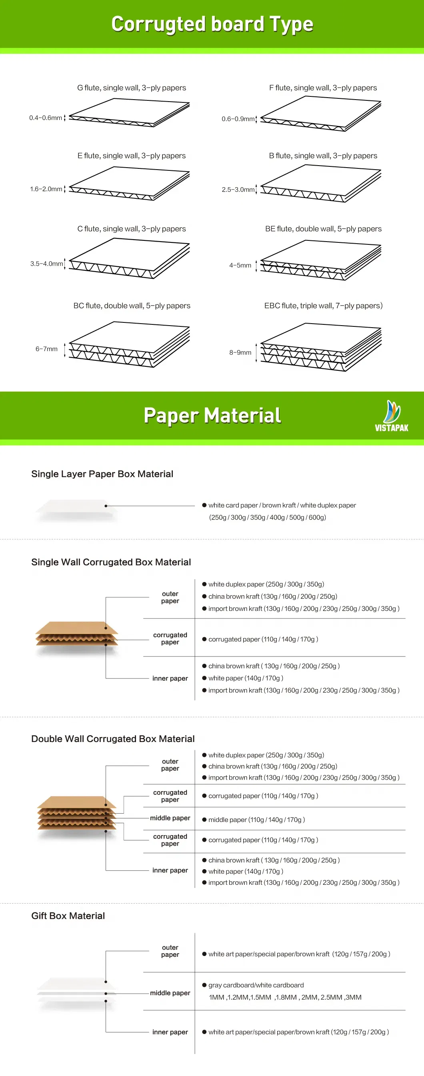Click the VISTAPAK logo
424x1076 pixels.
392,416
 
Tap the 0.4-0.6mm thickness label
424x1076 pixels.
46,118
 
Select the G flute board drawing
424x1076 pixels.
130,112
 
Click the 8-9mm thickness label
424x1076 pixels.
240,352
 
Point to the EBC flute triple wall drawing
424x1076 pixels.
321,347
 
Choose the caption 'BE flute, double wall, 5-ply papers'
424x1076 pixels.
323,229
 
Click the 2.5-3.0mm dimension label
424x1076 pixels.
238,190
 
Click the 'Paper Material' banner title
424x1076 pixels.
212,415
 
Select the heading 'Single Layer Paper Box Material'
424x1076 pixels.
102,474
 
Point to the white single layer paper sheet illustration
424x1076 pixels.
76,510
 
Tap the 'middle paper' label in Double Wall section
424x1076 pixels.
170,818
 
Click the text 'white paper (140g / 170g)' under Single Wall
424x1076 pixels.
246,678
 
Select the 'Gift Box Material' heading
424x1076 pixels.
68,916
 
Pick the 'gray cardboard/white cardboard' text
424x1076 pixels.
256,985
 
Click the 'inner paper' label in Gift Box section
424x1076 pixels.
170,1032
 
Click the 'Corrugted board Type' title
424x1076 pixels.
212,24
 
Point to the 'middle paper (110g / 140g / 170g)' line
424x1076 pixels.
256,820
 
